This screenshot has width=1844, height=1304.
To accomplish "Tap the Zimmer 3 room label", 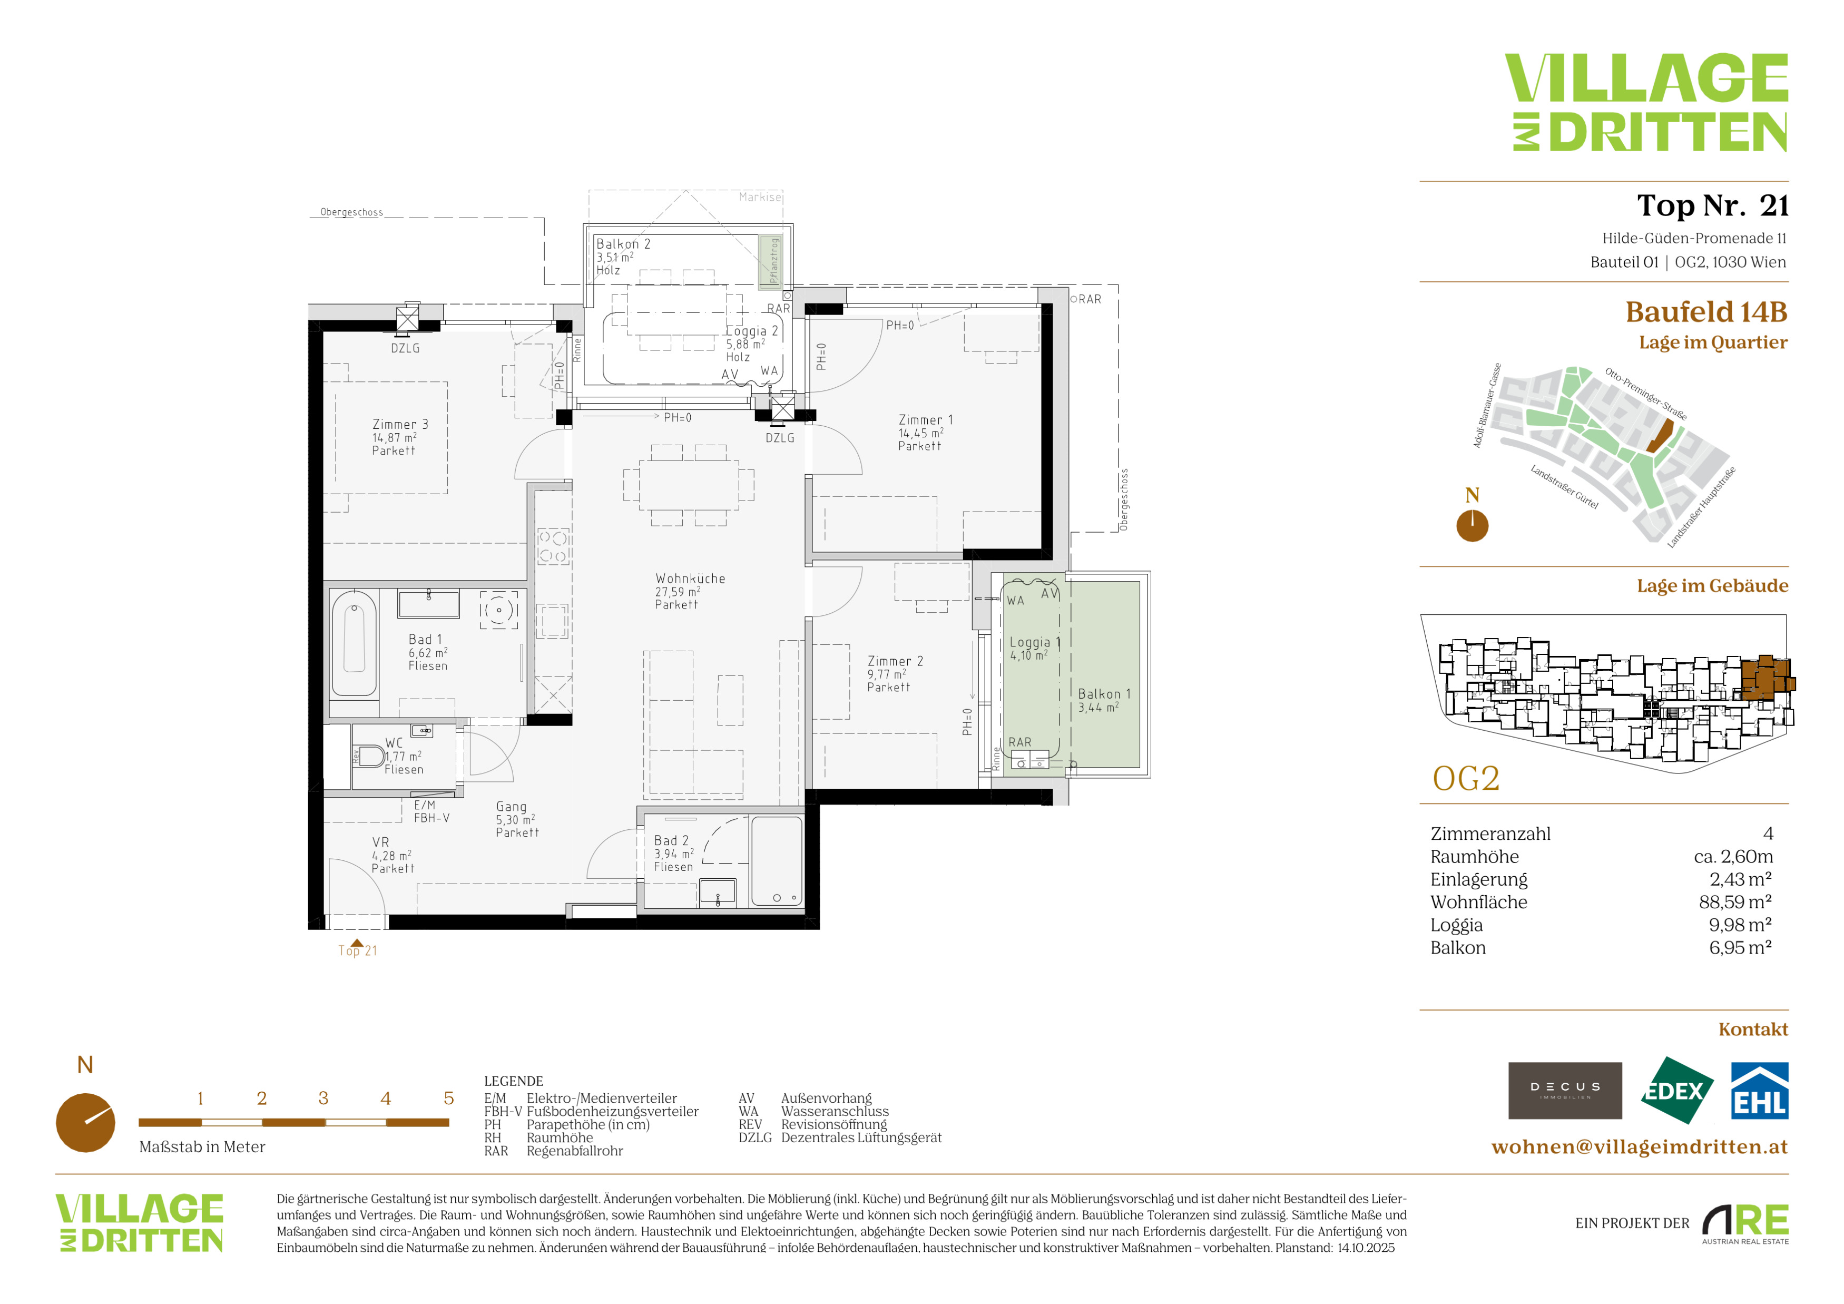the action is pos(400,425).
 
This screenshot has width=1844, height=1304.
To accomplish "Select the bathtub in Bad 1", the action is pos(354,644).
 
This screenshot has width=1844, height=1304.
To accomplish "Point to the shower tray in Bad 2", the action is pos(777,861).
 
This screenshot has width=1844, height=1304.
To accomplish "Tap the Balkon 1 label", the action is pos(1104,694).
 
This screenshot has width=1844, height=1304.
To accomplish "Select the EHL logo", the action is pos(1759,1091).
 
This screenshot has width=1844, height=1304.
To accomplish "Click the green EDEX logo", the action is pos(1676,1091).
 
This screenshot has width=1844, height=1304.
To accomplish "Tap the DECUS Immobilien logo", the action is pos(1565,1091).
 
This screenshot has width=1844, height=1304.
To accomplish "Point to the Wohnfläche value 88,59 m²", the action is pos(1735,901).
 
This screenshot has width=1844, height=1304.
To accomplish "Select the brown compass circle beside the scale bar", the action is pos(85,1123).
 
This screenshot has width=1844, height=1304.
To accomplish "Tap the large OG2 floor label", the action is pos(1466,778).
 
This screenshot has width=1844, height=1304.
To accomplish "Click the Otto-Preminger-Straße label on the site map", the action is pos(1645,394).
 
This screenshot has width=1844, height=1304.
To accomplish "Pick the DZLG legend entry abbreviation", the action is pos(755,1138).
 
